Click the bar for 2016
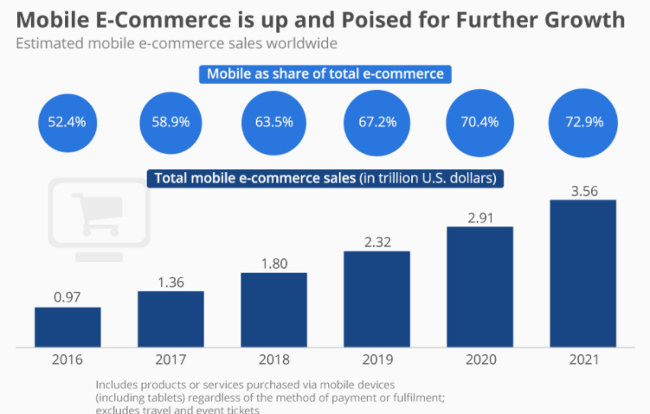[x=68, y=326]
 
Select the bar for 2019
[x=376, y=298]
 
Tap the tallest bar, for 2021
[x=582, y=272]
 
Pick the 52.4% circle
[x=68, y=122]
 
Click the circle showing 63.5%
[x=274, y=122]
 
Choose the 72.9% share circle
[x=582, y=122]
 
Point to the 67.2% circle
[x=376, y=122]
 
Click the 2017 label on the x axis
[x=171, y=359]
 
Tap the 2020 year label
[x=479, y=359]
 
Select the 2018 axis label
[x=274, y=359]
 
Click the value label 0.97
[x=68, y=297]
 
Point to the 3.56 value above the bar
[x=582, y=189]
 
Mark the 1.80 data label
[x=274, y=262]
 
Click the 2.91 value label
[x=479, y=217]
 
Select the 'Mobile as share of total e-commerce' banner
[x=325, y=74]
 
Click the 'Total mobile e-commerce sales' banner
[x=325, y=179]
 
